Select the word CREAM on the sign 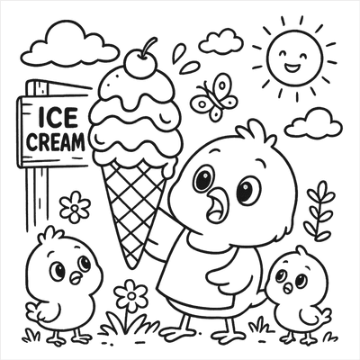[x=55, y=141]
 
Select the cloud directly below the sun [x=313, y=123]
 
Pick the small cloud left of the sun [x=221, y=41]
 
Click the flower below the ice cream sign [x=75, y=207]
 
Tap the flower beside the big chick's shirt [x=131, y=295]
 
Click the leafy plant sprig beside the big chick [x=319, y=211]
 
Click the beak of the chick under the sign [x=76, y=276]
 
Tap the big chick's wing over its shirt [x=226, y=274]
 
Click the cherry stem [x=149, y=46]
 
